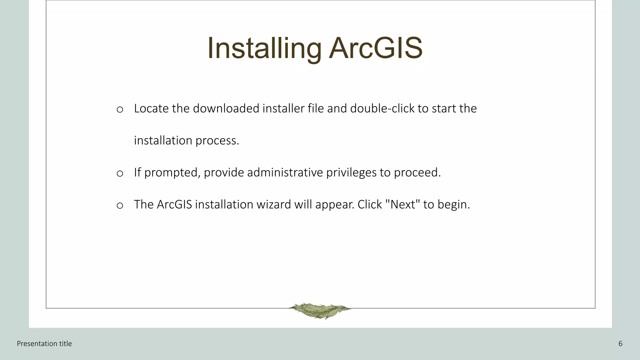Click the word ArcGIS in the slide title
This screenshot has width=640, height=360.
(x=376, y=48)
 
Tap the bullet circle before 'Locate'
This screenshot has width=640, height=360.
(x=120, y=109)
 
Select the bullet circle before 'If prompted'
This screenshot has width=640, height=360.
(x=120, y=173)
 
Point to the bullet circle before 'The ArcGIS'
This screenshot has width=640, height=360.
(x=120, y=205)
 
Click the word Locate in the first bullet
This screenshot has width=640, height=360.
(x=151, y=108)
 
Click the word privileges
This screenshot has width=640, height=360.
(x=351, y=173)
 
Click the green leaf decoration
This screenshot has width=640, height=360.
(x=319, y=310)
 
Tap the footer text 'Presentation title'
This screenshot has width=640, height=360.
(x=44, y=344)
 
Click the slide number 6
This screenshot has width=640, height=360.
(x=620, y=344)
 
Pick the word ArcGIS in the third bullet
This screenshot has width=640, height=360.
(x=174, y=205)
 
